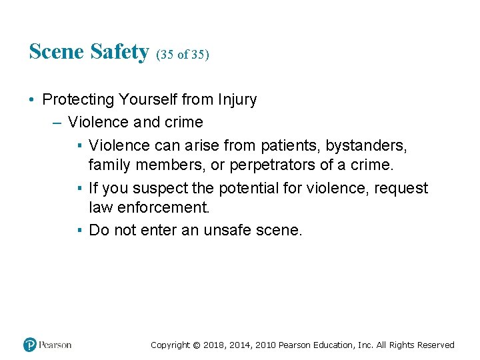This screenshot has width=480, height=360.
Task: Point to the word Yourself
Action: coord(149,100)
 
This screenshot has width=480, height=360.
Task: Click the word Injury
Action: coord(237,100)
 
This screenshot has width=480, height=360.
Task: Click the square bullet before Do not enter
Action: coord(79,231)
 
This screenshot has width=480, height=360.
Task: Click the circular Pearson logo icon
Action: coord(30,345)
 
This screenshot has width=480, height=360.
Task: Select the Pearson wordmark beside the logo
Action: coord(55,345)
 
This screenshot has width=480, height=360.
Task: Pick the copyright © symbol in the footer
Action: coord(196,345)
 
